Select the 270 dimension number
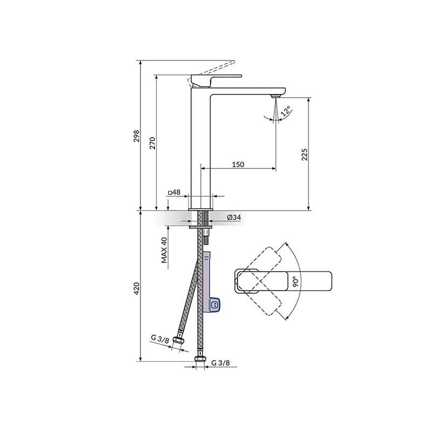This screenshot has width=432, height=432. [x=153, y=143]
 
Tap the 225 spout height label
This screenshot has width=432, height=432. [x=305, y=154]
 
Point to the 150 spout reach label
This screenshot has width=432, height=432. [x=238, y=164]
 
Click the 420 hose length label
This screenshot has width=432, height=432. [x=137, y=288]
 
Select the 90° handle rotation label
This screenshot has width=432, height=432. [x=295, y=282]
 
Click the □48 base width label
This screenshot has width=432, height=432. [x=174, y=192]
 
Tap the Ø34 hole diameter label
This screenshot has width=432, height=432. [x=233, y=217]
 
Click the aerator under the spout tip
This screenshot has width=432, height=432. [x=274, y=96]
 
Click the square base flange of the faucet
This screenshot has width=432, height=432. [x=200, y=208]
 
